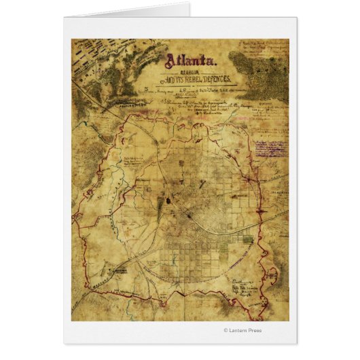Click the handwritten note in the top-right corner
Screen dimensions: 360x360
point(262,51)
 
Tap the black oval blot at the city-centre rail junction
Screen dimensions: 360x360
point(168,201)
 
